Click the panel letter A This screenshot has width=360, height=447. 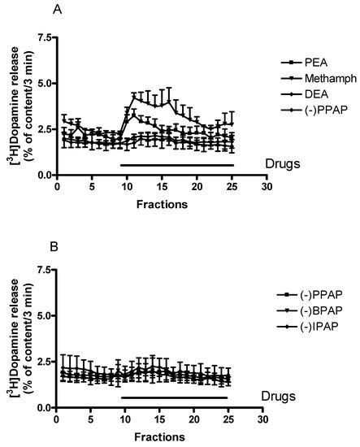pyautogui.click(x=57, y=9)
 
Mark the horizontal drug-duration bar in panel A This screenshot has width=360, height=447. pyautogui.click(x=176, y=165)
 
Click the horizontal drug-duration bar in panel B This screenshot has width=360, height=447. pyautogui.click(x=174, y=397)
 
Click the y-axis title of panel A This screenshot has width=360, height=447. pyautogui.click(x=11, y=106)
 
